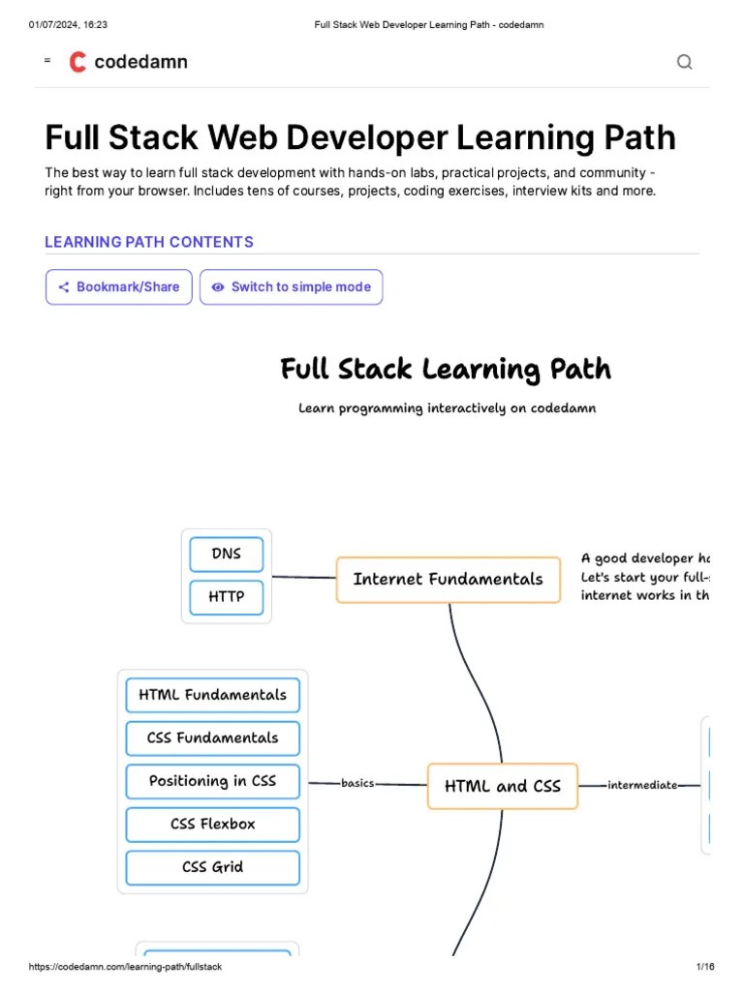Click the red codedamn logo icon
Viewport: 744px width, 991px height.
[x=77, y=62]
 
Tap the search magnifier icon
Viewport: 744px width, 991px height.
[x=684, y=62]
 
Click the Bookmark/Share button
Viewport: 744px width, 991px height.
[x=118, y=287]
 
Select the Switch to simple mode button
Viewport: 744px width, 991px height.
[x=291, y=287]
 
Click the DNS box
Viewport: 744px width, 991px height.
[x=227, y=555]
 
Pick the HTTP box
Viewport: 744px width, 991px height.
[x=227, y=597]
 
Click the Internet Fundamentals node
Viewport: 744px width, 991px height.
[x=448, y=580]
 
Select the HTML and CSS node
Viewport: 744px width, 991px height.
[x=502, y=786]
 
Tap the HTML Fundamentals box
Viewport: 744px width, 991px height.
[x=212, y=695]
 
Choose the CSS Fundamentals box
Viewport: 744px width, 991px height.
[x=212, y=738]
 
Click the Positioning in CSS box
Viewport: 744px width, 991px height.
[x=212, y=781]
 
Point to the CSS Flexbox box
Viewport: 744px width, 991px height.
[x=212, y=825]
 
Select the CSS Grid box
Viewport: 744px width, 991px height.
[x=212, y=867]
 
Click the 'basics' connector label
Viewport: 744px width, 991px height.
[x=357, y=783]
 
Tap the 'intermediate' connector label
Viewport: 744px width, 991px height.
[x=642, y=785]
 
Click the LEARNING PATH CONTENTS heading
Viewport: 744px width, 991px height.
[x=149, y=242]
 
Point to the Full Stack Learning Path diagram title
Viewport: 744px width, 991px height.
[x=446, y=370]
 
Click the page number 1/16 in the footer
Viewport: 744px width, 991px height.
[x=704, y=967]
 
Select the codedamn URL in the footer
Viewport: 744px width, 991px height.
[x=126, y=967]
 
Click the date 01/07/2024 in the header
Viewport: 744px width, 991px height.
[x=54, y=24]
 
